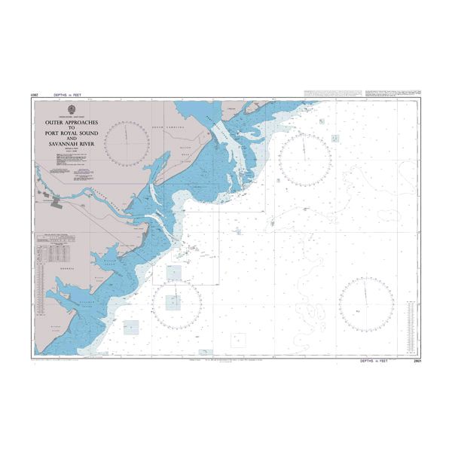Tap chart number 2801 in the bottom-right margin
pyautogui.click(x=417, y=362)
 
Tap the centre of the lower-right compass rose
pyautogui.click(x=366, y=304)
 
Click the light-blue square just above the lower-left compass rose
pyautogui.click(x=174, y=273)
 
